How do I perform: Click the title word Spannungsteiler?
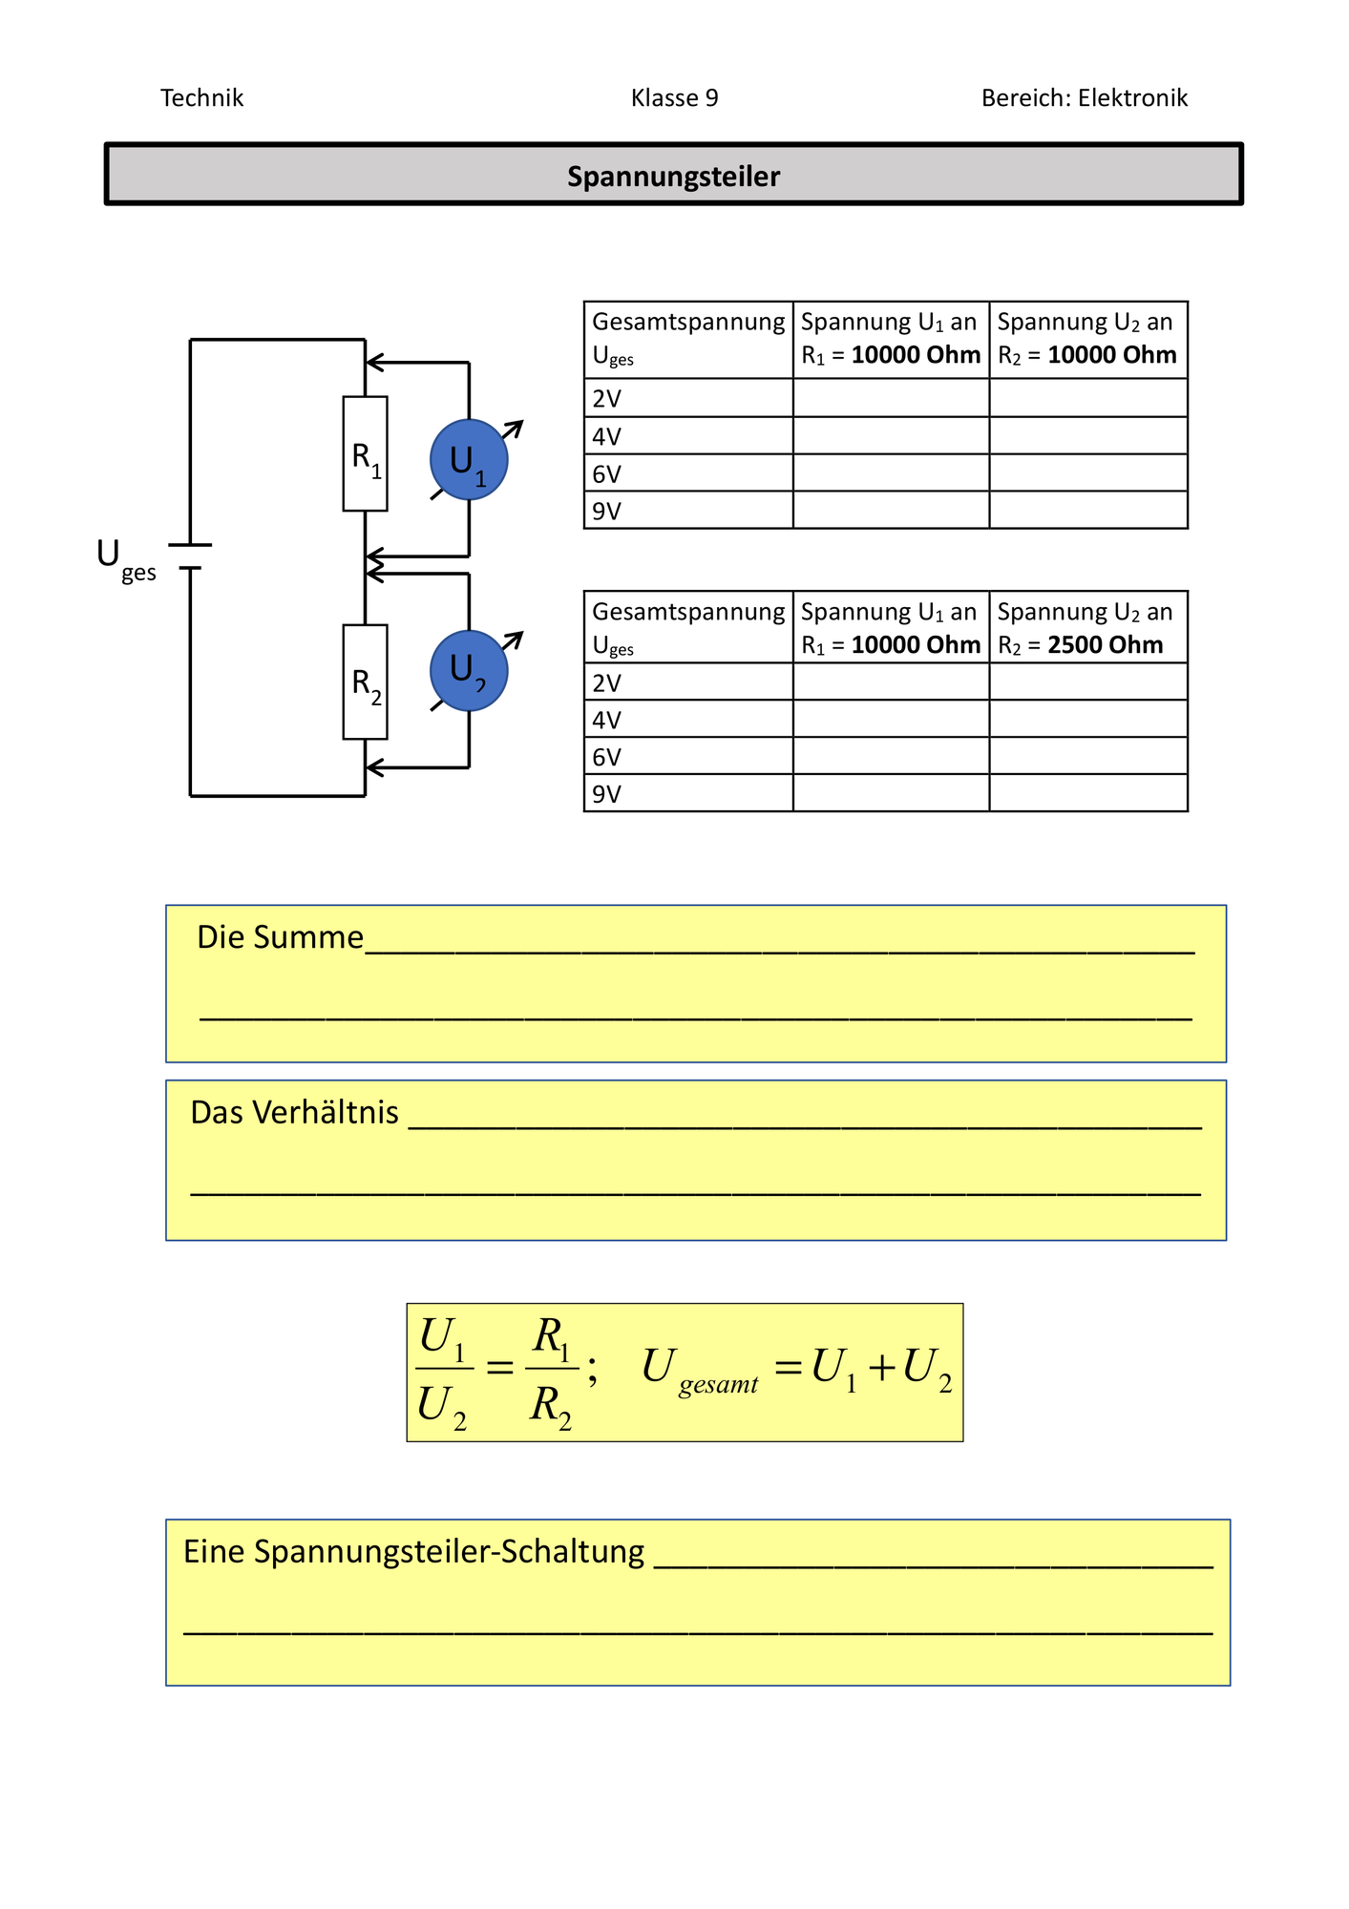coord(673,177)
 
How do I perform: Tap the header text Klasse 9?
coord(674,98)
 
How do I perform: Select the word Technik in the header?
coord(201,98)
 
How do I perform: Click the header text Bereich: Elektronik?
coord(1085,98)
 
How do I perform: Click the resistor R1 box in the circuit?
coord(365,453)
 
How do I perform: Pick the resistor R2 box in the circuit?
coord(365,682)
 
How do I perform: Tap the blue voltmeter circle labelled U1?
coord(469,460)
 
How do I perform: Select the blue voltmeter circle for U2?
coord(469,671)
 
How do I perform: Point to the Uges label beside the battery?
coord(126,559)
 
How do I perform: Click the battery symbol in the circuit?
coord(190,556)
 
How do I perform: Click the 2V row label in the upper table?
coord(607,399)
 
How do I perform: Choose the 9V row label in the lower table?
coord(607,794)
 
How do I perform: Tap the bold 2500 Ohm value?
coord(1106,645)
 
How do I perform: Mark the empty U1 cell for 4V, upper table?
coord(891,435)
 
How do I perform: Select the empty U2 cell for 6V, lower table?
coord(1088,756)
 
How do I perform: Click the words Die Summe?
coord(280,937)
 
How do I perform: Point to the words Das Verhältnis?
coord(294,1113)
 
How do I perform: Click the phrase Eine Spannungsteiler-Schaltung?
coord(413,1553)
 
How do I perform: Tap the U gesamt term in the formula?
coord(700,1371)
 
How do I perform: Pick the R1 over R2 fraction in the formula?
coord(552,1372)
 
